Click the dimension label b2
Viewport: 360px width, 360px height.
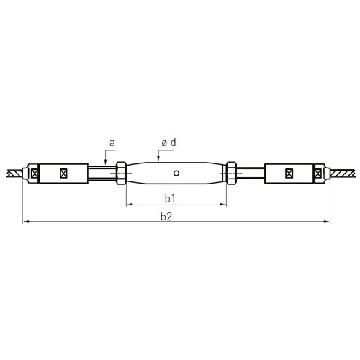pyautogui.click(x=176, y=215)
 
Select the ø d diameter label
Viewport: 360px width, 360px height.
pyautogui.click(x=168, y=143)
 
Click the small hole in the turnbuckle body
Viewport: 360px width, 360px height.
pyautogui.click(x=176, y=173)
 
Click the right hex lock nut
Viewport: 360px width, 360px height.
pyautogui.click(x=232, y=173)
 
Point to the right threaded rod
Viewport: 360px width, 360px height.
pyautogui.click(x=251, y=173)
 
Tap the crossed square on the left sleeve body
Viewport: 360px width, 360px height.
pyautogui.click(x=64, y=173)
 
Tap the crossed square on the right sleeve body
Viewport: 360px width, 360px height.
pyautogui.click(x=289, y=173)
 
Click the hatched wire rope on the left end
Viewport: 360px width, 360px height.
pyautogui.click(x=14, y=173)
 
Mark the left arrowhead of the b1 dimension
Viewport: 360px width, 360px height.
pyautogui.click(x=130, y=204)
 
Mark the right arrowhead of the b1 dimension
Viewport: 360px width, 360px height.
pyautogui.click(x=224, y=204)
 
